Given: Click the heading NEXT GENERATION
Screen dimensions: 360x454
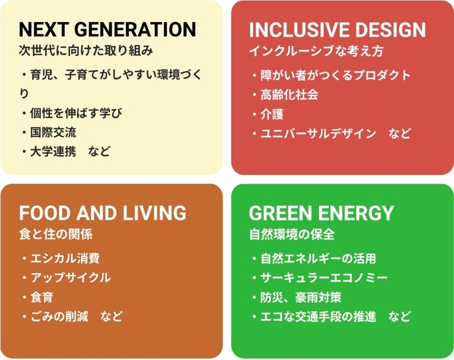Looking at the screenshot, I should [x=107, y=29].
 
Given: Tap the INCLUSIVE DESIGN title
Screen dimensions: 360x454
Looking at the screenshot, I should [x=337, y=30].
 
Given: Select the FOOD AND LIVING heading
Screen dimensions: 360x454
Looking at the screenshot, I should [x=102, y=213].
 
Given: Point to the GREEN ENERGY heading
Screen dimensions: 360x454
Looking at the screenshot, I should [x=321, y=213].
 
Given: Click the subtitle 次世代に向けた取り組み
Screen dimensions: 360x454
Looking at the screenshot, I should [x=85, y=49].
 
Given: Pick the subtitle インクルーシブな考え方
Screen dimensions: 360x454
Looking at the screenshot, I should [x=316, y=50].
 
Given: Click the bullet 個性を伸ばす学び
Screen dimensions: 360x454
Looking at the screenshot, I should [x=76, y=113].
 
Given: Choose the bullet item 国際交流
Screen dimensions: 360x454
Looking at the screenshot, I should [x=53, y=132].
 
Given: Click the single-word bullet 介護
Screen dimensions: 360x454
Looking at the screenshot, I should [x=272, y=114].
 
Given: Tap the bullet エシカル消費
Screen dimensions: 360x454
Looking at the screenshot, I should [x=65, y=258].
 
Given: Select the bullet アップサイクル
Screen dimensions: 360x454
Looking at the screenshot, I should [x=70, y=278].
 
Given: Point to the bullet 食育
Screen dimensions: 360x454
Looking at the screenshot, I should [x=42, y=297].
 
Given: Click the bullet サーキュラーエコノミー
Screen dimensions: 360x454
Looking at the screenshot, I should [x=324, y=278].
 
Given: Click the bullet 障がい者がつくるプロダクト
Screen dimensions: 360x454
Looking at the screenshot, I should [x=335, y=75].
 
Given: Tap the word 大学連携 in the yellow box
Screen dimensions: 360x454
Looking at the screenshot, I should [x=53, y=152].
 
